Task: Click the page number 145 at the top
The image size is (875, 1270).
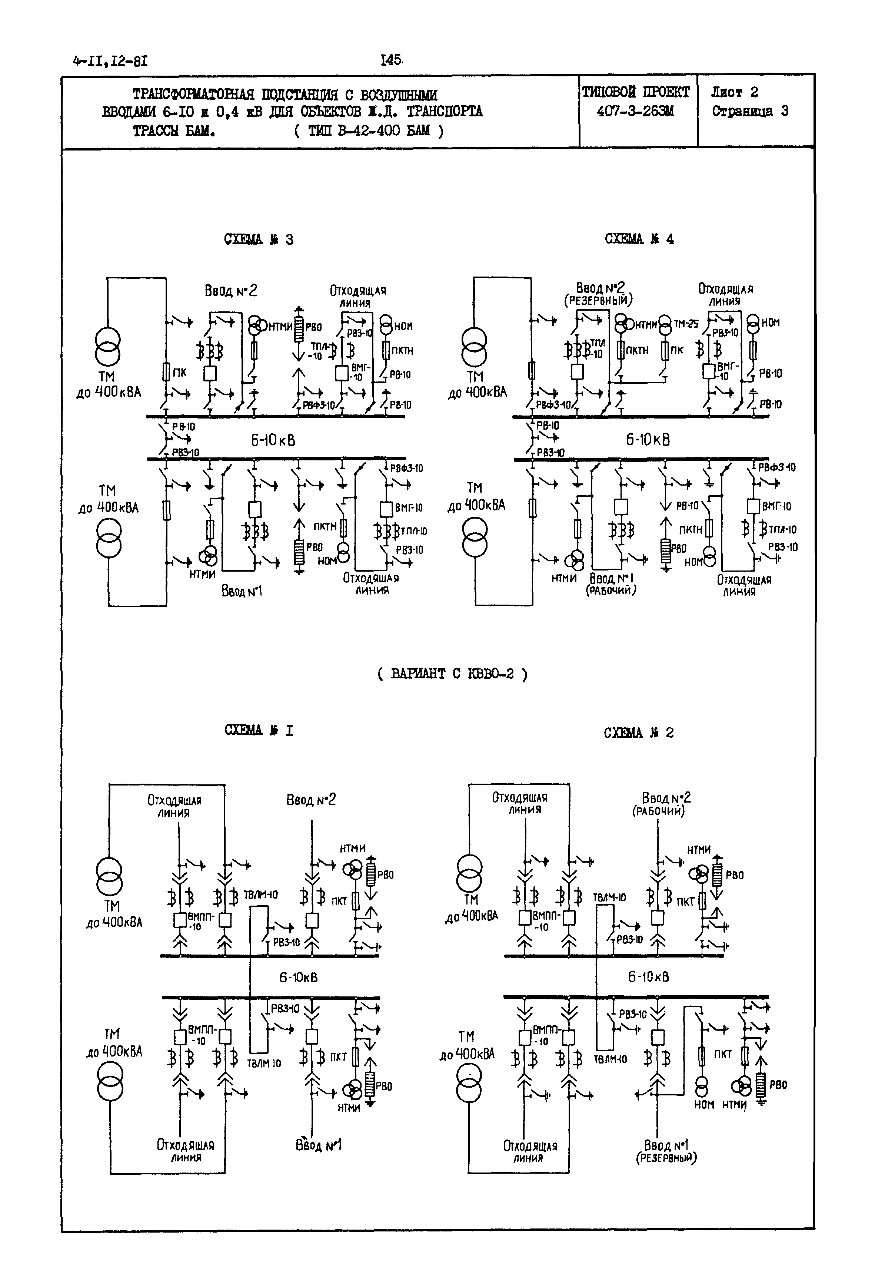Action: [x=392, y=60]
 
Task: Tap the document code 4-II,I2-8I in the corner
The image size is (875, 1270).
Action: [x=110, y=61]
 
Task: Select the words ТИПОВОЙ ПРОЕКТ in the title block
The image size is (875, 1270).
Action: [x=635, y=92]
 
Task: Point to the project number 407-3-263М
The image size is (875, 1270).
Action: [x=635, y=111]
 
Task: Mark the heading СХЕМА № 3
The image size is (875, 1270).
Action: [x=258, y=239]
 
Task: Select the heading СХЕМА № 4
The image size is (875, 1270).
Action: [x=639, y=239]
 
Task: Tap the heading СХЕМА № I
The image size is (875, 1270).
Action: [x=258, y=730]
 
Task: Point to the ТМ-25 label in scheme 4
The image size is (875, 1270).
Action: [x=686, y=324]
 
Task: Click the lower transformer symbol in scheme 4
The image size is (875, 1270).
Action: [x=475, y=537]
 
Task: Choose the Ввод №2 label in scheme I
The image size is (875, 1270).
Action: [x=311, y=800]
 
